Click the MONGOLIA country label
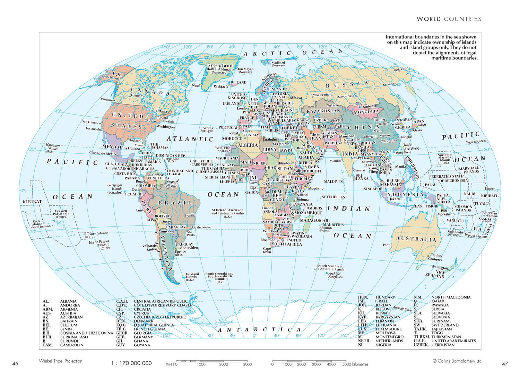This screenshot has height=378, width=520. (366, 111)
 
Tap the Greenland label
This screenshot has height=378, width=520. (220, 65)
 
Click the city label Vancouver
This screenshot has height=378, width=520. (108, 100)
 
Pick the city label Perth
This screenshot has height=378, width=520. (387, 245)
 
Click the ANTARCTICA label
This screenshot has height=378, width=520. (259, 329)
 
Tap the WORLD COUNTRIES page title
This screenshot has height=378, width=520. (449, 19)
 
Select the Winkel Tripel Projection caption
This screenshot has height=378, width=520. (61, 361)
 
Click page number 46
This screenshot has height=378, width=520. (15, 364)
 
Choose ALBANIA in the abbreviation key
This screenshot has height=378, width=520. (68, 301)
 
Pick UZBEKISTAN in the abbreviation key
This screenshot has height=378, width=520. (442, 345)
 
